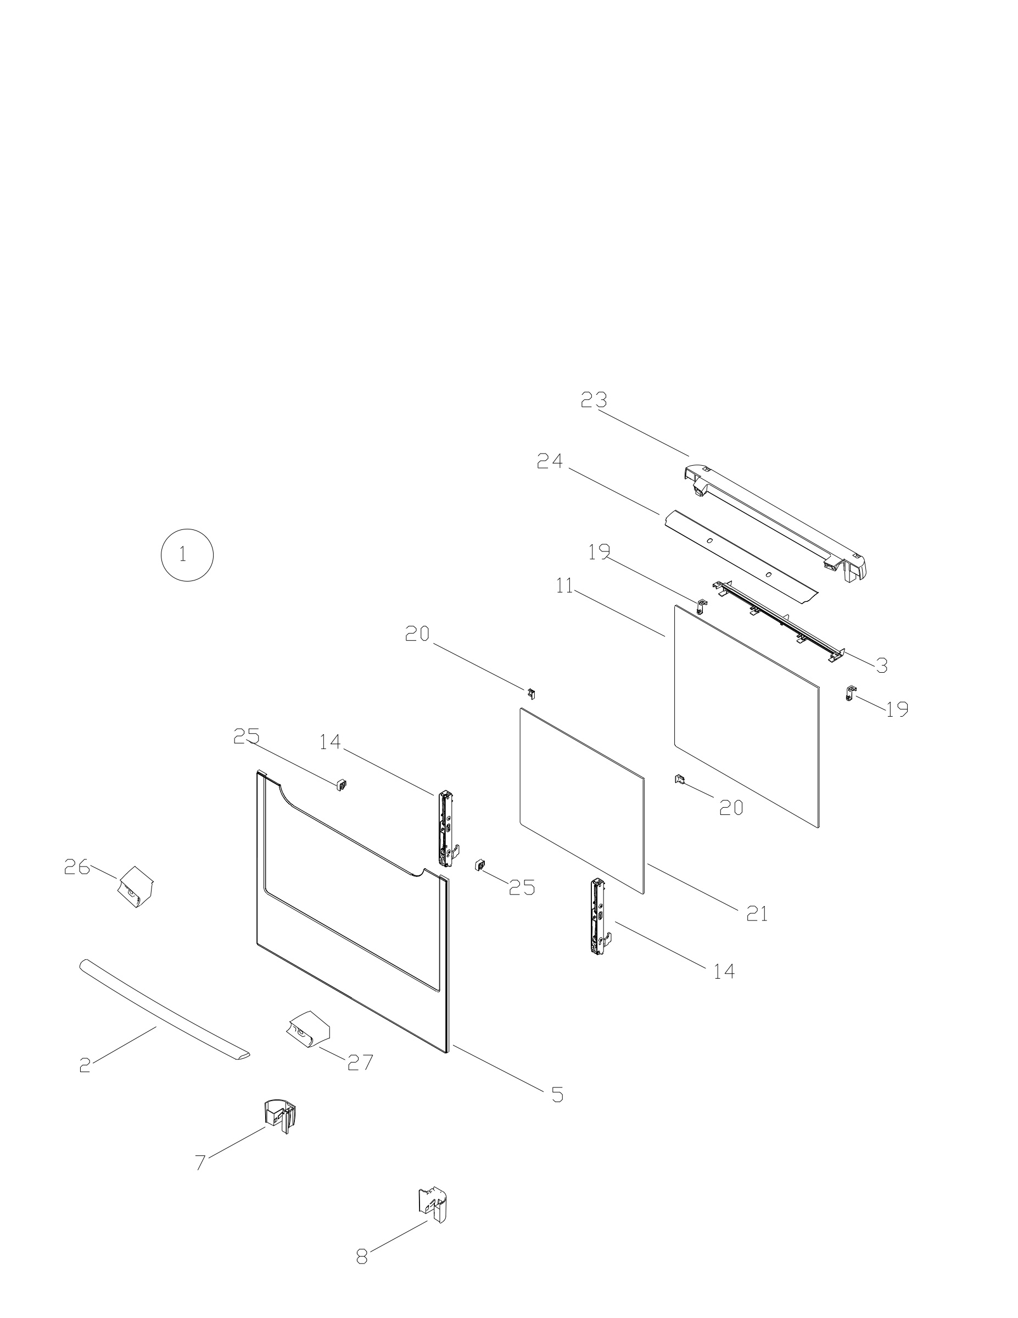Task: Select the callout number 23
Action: click(x=594, y=399)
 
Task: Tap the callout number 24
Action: click(x=550, y=461)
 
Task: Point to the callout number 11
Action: click(x=565, y=585)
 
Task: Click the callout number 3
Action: click(x=882, y=666)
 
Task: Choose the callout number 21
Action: click(x=757, y=914)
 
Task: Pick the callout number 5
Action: click(x=557, y=1094)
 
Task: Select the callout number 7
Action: click(x=200, y=1161)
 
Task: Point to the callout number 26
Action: click(x=77, y=867)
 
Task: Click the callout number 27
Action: click(x=360, y=1062)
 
